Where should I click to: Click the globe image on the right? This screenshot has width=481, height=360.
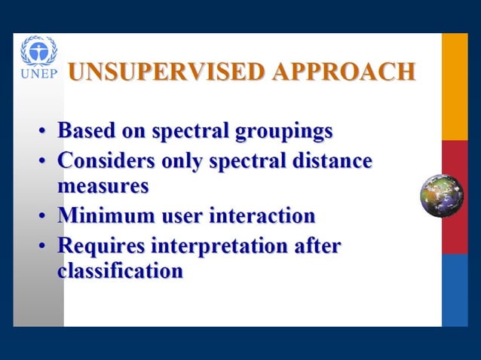[441, 196]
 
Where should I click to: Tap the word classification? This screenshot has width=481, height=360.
[120, 270]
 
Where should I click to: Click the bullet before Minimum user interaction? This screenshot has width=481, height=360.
[44, 218]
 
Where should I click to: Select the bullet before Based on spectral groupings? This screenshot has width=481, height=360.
[44, 133]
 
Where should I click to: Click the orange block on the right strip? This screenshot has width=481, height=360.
[455, 87]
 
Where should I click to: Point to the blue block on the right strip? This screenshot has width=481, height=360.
[455, 290]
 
